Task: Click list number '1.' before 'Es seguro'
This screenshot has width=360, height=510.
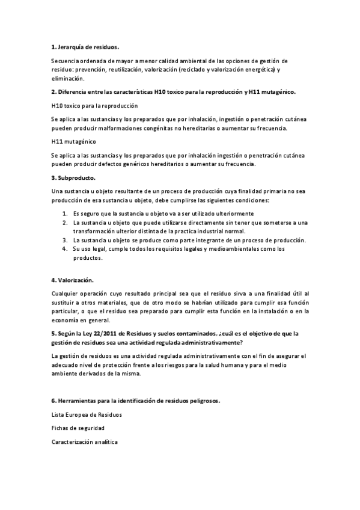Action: click(65, 214)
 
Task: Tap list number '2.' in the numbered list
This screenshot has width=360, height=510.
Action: click(65, 223)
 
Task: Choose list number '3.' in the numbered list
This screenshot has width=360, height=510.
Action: click(65, 240)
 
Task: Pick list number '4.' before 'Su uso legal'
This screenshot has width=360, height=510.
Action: click(65, 249)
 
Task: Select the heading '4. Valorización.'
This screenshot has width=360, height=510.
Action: click(72, 280)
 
